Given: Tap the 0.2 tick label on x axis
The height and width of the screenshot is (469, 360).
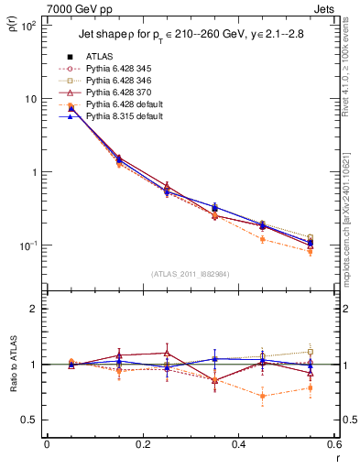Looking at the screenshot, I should tap(142, 444).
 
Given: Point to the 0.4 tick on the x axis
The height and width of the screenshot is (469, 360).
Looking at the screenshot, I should tap(238, 444).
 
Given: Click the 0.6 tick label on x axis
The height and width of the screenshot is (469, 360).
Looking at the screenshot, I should tap(333, 444).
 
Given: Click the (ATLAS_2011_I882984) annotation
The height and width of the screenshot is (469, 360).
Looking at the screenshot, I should tap(190, 274).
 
